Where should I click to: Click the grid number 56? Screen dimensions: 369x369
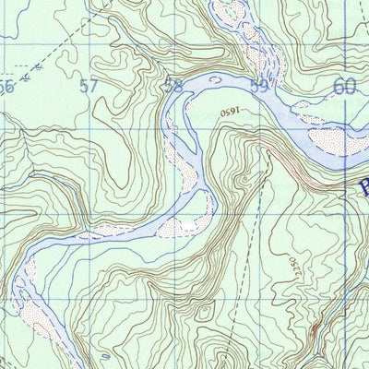(x=6, y=88)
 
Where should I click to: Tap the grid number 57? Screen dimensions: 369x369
(x=89, y=88)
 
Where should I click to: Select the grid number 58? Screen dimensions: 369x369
(x=173, y=88)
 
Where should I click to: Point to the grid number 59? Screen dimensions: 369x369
(x=260, y=88)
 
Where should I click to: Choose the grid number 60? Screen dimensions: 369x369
(x=344, y=87)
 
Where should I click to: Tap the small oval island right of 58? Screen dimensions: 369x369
(x=215, y=80)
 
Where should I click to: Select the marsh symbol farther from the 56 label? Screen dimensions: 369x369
(x=42, y=67)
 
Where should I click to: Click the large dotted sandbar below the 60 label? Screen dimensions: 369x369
(x=335, y=140)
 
